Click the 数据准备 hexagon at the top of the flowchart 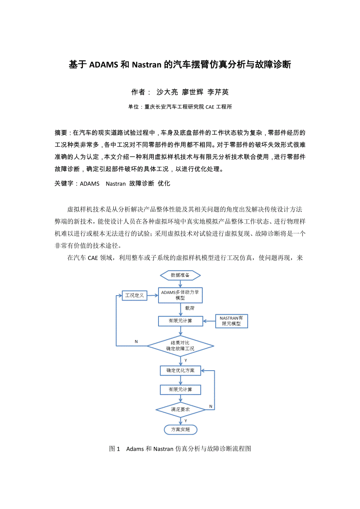(x=180, y=275)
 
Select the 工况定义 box (x=134, y=295)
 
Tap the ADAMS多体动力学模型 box (x=180, y=295)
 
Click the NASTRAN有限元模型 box (x=231, y=321)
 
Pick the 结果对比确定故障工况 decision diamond (x=180, y=346)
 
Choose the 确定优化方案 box (x=180, y=370)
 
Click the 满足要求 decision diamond (x=180, y=409)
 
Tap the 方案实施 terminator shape (x=180, y=429)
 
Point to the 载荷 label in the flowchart (x=190, y=308)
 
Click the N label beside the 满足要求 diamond (x=211, y=407)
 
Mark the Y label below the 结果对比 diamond (x=185, y=360)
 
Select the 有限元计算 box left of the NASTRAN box (x=180, y=321)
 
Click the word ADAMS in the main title (x=104, y=65)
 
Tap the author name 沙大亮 (x=167, y=92)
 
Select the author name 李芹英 (x=218, y=92)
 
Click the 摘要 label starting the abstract (x=61, y=133)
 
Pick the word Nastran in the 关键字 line (x=115, y=183)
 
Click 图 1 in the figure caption (x=114, y=449)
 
